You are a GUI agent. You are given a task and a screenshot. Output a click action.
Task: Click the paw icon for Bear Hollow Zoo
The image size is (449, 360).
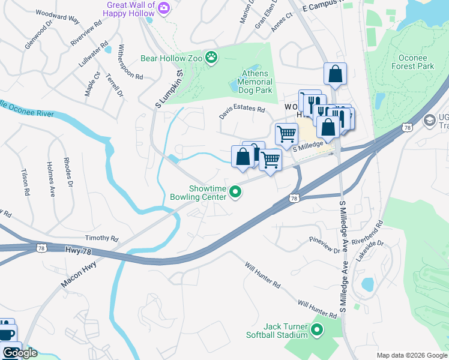[x=211, y=58]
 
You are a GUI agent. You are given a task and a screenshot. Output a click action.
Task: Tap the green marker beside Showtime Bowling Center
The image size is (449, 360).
[x=236, y=193]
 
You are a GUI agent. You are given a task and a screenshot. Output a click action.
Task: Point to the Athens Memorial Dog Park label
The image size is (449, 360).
[x=257, y=82]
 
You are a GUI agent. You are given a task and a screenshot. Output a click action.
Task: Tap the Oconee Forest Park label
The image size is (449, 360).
[x=416, y=62]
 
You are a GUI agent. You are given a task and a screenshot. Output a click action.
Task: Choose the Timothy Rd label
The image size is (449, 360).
[x=101, y=238]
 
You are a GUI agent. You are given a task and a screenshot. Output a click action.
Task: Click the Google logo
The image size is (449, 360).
[x=20, y=352]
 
